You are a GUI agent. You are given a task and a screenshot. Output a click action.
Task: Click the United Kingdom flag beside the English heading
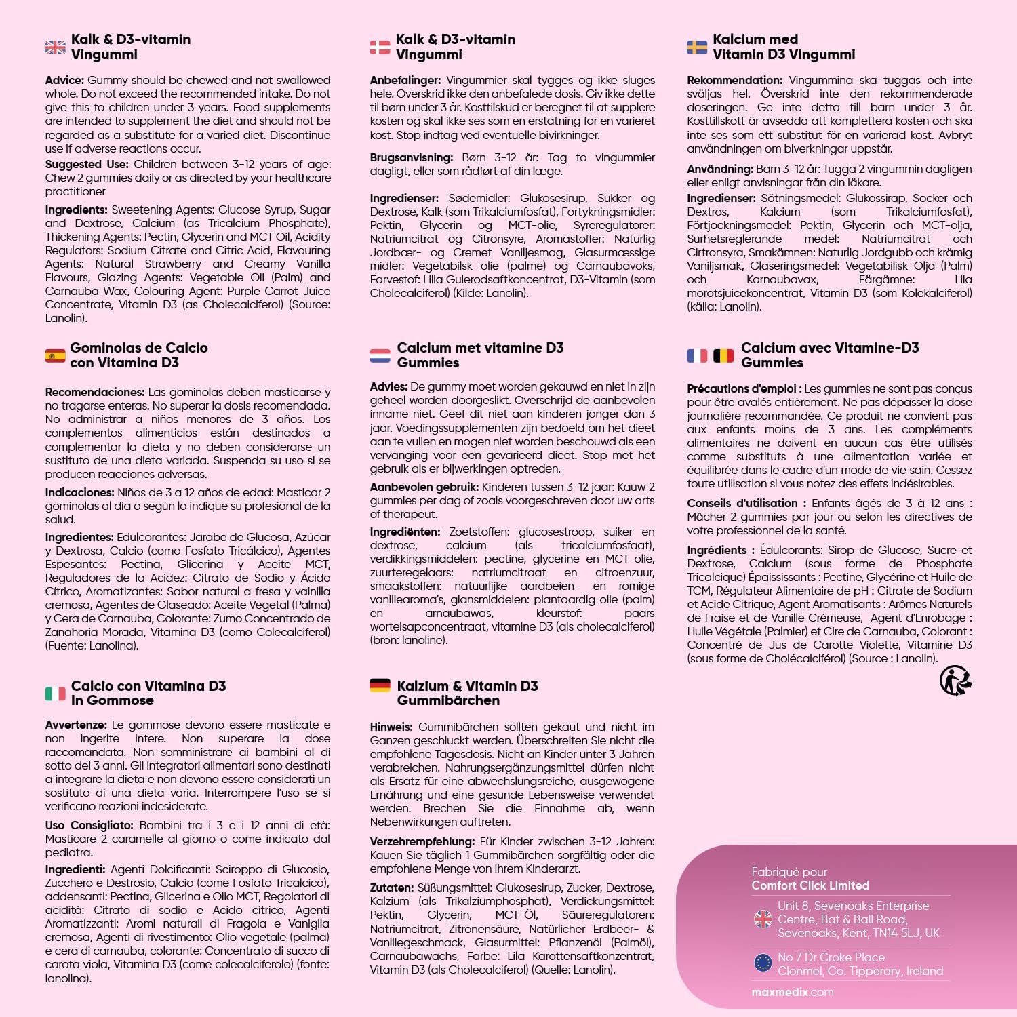point(56,47)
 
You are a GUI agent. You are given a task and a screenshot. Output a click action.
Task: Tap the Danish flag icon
point(380,47)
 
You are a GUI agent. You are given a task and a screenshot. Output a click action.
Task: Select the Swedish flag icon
point(697,47)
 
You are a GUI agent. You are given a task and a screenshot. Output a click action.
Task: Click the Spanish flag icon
point(56,355)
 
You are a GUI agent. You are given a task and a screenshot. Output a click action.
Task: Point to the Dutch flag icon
point(380,355)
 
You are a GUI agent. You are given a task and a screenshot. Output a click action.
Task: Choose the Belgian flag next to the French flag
point(723,355)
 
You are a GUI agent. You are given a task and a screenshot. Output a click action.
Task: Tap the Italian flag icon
point(56,693)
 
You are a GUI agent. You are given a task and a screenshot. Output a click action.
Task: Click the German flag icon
point(380,685)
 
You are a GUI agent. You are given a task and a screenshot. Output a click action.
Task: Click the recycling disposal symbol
point(955,680)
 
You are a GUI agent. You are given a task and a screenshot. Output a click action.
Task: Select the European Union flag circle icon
point(763,963)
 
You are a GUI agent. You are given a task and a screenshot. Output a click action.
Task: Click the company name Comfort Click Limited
point(810,885)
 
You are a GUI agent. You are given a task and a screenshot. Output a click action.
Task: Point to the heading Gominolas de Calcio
point(139,348)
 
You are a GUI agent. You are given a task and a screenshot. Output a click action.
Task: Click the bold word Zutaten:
point(391,888)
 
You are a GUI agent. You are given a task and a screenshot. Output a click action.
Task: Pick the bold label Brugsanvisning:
point(411,157)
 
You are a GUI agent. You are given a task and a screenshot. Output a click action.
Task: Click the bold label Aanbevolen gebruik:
point(424,487)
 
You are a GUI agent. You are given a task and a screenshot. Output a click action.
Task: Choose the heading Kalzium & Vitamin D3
point(467,686)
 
